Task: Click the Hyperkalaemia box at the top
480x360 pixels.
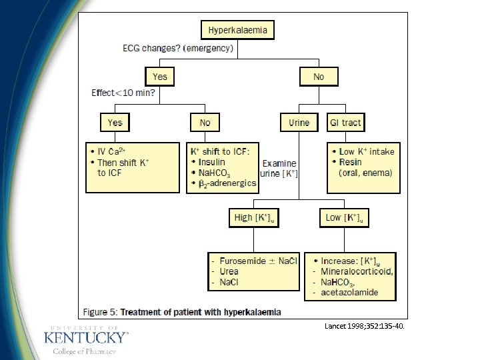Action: [238, 30]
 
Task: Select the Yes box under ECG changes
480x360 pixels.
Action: [160, 77]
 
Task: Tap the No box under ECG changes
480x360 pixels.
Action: [318, 77]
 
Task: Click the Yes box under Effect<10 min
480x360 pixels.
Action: [115, 123]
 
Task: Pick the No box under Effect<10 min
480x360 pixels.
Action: [205, 123]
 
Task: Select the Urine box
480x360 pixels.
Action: [299, 123]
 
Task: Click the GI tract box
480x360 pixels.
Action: [345, 123]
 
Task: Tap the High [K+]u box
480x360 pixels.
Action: [253, 218]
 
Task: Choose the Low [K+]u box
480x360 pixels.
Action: [343, 218]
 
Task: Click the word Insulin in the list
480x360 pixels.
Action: [211, 162]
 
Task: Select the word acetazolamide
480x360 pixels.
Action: [349, 293]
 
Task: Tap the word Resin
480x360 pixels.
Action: [350, 162]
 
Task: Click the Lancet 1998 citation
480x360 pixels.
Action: [364, 327]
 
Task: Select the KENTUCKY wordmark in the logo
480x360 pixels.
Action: [85, 337]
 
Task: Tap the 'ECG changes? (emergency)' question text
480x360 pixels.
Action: [177, 48]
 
